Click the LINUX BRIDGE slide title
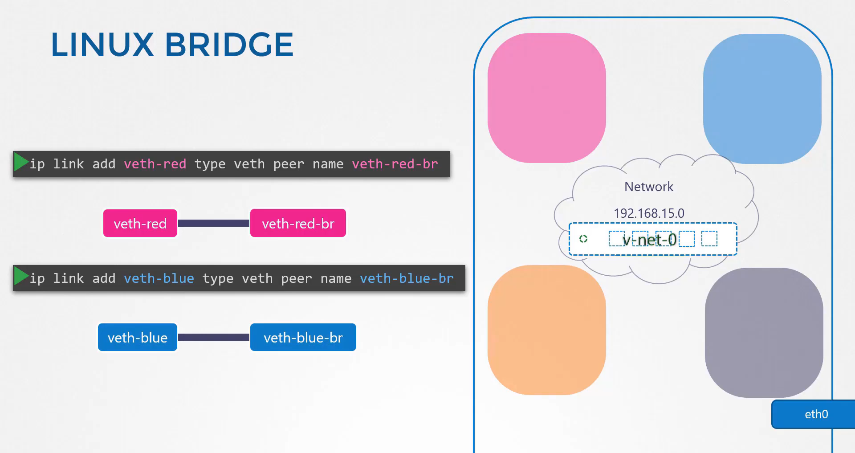tap(172, 45)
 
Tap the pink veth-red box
tap(140, 223)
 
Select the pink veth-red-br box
tap(298, 223)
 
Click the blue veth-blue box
tap(138, 337)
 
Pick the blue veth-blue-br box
tap(303, 337)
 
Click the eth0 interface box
tap(813, 414)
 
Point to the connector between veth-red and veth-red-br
tap(214, 223)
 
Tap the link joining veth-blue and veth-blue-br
tap(214, 337)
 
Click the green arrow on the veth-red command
tap(21, 162)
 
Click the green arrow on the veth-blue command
tap(21, 276)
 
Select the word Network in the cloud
tap(649, 187)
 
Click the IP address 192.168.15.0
tap(649, 213)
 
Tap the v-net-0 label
tap(650, 240)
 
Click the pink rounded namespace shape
tap(547, 98)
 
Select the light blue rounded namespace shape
tap(762, 99)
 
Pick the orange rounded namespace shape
tap(547, 330)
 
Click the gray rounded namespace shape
tap(764, 333)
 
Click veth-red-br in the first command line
tap(395, 164)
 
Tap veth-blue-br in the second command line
tap(407, 278)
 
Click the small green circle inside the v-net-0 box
tap(583, 239)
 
